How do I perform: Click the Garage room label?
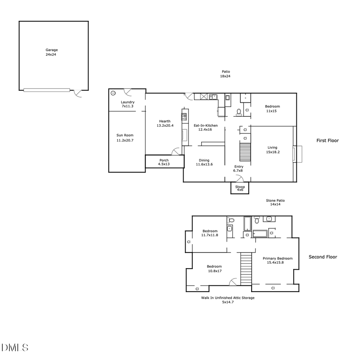[x=51, y=52]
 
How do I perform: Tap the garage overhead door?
[x=46, y=90]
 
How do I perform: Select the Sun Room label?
[x=125, y=138]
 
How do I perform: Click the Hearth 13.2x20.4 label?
[x=164, y=123]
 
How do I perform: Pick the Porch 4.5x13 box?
[x=164, y=162]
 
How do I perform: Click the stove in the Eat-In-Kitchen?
[x=184, y=117]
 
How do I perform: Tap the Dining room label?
[x=204, y=162]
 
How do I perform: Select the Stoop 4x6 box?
[x=240, y=188]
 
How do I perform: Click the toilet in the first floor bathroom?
[x=239, y=112]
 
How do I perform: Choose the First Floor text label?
[x=327, y=141]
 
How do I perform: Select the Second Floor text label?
[x=322, y=257]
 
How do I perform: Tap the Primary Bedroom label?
[x=277, y=261]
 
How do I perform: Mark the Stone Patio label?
[x=275, y=203]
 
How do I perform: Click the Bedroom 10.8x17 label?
[x=214, y=269]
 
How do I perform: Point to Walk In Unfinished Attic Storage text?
[x=227, y=300]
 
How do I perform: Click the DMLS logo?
[x=15, y=347]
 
